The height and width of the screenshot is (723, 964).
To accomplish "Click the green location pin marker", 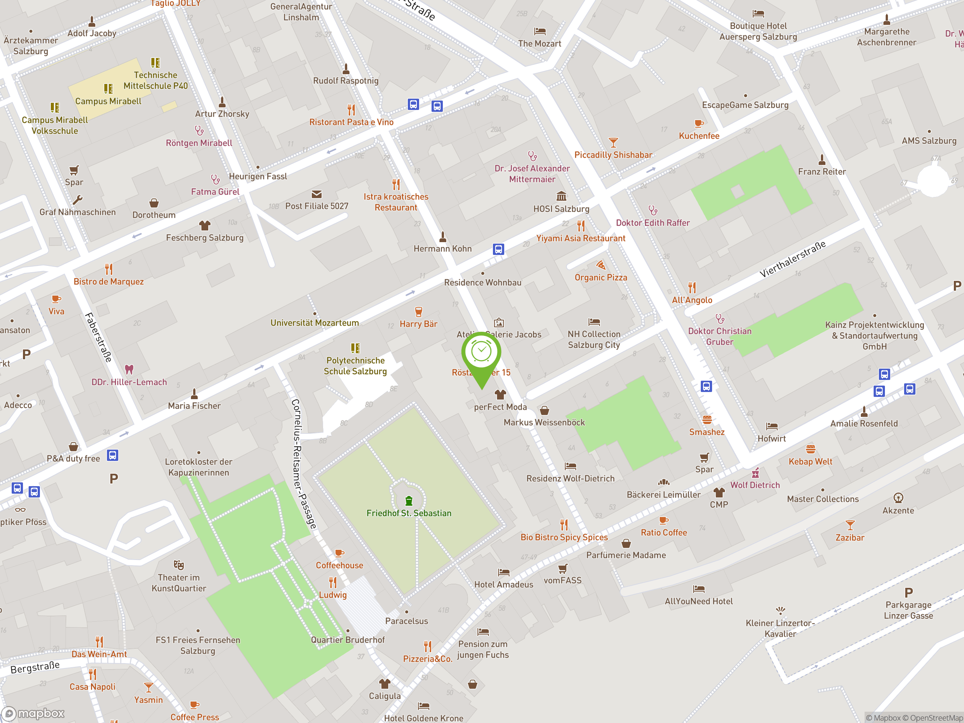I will [x=481, y=355].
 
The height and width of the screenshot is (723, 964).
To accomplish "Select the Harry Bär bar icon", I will [x=418, y=311].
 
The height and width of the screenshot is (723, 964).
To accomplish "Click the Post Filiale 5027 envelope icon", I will [x=316, y=194].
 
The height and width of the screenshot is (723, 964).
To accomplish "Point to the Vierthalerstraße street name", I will [x=792, y=259].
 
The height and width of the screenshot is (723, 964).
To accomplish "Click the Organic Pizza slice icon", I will [x=601, y=265].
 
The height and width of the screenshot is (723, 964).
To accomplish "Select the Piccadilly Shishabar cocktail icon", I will [x=613, y=142].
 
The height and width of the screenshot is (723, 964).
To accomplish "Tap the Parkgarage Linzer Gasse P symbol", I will [x=908, y=593].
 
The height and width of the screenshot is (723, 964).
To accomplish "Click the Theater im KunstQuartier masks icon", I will [x=179, y=565].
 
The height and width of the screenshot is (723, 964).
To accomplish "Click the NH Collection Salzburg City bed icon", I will [x=594, y=322].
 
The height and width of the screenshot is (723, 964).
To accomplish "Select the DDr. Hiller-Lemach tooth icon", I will [x=129, y=369].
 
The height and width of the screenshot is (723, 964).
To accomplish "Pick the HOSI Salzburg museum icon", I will [x=561, y=196].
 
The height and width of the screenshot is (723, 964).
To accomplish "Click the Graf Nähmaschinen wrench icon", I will [x=78, y=200].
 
